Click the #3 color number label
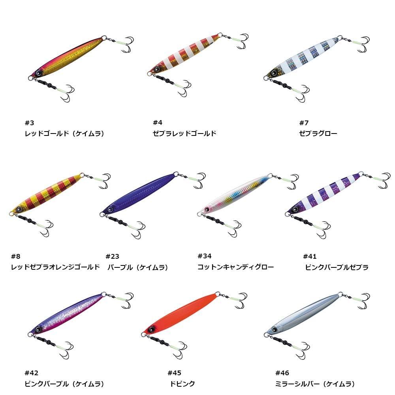click(x=30, y=122)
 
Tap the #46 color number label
click(x=282, y=373)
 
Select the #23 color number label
click(x=112, y=256)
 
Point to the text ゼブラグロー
click(x=318, y=134)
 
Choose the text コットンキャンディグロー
click(x=235, y=267)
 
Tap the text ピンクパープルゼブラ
click(x=337, y=267)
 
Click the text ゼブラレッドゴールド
click(x=184, y=134)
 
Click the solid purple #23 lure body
click(x=138, y=194)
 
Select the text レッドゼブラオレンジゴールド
click(x=55, y=267)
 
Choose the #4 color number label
click(x=157, y=122)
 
